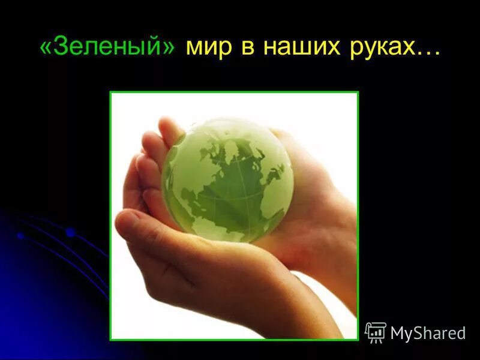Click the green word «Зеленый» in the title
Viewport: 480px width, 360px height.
pyautogui.click(x=107, y=47)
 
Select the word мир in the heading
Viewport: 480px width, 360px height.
pyautogui.click(x=208, y=47)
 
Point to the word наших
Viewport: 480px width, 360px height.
pyautogui.click(x=295, y=47)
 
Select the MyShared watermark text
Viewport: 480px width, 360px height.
pyautogui.click(x=428, y=333)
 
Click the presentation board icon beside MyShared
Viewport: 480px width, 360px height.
pyautogui.click(x=376, y=332)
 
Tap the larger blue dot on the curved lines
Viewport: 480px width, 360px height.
pyautogui.click(x=71, y=232)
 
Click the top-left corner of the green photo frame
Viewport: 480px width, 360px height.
pyautogui.click(x=110, y=92)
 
